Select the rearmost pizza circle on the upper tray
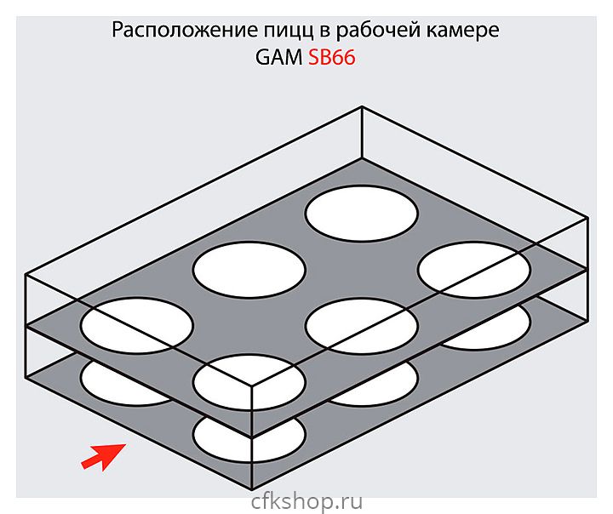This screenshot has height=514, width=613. pos(362,214)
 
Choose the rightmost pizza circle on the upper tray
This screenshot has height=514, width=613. pos(473,270)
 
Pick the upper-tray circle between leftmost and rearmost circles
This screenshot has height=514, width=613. pos(249,270)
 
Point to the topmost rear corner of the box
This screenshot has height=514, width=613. pos(364,106)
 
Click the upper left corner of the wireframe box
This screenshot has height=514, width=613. pos(26,275)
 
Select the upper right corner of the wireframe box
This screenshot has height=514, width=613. pos(587,218)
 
